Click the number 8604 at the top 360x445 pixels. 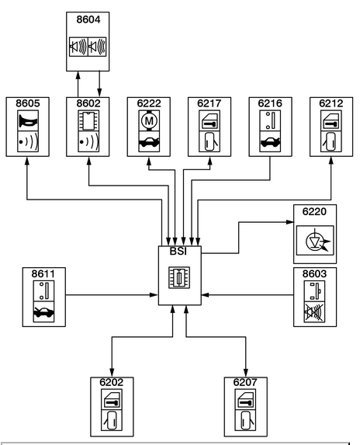point(88,19)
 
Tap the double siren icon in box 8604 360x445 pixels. point(88,47)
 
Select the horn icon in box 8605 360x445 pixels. point(28,120)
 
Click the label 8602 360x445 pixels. point(88,103)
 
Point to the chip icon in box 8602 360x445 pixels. point(88,120)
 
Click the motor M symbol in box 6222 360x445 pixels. point(149,120)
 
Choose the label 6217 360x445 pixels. point(209,103)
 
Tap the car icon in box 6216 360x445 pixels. point(271,141)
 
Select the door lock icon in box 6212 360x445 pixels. point(331,120)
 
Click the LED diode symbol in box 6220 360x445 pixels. point(315,241)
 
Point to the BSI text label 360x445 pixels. point(178,252)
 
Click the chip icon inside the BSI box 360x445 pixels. point(179,277)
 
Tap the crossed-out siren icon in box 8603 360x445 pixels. point(315,312)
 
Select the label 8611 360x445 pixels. point(43,274)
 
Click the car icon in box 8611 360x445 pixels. point(43,312)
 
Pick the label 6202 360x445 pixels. point(112,382)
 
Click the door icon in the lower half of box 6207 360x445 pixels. point(245,420)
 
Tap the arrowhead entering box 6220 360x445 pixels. point(290,222)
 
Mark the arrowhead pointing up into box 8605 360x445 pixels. point(27,161)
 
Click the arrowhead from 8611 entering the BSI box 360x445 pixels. point(154,295)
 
